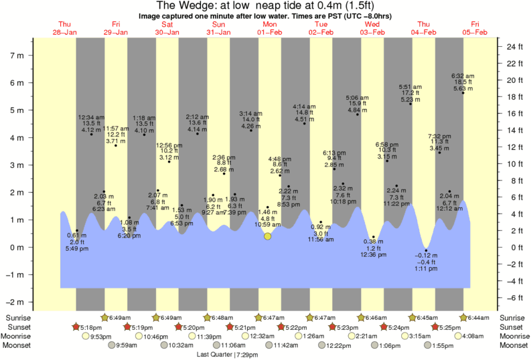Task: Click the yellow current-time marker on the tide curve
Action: [268, 236]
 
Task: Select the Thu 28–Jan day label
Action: [66, 28]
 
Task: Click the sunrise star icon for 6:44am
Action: [463, 317]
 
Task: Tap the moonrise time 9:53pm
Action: [100, 336]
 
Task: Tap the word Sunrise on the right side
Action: [514, 317]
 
